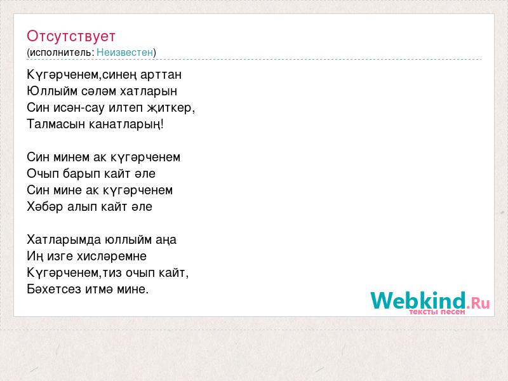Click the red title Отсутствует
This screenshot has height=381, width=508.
coord(71,36)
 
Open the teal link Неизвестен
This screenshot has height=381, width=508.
coord(124,52)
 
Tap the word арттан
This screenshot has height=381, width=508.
coord(161,75)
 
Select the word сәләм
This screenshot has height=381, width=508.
coord(99,91)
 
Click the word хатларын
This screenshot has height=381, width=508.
coord(149,91)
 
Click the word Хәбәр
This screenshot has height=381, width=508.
coord(44,207)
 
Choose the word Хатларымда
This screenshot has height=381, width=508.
coord(64,240)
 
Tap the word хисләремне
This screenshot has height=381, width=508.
coord(112,257)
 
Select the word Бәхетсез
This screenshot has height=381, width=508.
coord(54,289)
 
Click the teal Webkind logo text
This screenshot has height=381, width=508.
coord(418,300)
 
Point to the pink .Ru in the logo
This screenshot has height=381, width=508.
coord(478,303)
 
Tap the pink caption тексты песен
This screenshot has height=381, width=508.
coord(437,312)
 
